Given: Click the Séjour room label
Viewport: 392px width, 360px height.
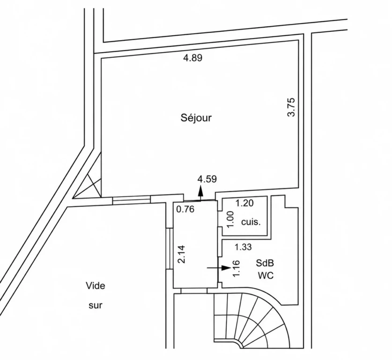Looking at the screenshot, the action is coord(196,118).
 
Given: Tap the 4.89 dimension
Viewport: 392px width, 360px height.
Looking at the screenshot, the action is coord(192,58).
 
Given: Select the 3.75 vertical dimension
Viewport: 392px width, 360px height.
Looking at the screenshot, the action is coord(291,107).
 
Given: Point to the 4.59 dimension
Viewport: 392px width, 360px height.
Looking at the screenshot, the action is coord(207,179).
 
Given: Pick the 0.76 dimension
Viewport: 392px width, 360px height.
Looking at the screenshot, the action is coord(185,209).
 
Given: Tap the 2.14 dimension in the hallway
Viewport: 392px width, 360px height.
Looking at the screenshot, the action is coord(182,254).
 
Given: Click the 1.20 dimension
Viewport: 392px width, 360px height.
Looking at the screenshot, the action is coord(244,203).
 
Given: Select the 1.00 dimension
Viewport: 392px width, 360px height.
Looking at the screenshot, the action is coord(230,219).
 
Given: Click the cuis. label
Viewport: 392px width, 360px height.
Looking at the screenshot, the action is coord(251,222).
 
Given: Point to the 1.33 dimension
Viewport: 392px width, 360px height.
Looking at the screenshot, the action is coord(243,247).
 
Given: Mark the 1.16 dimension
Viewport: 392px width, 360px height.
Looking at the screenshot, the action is coord(237,269).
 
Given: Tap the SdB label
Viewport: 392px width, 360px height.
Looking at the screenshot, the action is coord(265,263).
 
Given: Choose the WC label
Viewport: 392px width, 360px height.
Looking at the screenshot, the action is coord(266,276).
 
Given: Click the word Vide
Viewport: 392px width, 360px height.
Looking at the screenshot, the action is coord(96,285).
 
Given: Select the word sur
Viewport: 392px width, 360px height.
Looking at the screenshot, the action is coord(96,305).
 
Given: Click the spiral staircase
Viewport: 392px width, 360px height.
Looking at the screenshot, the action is coord(250,320).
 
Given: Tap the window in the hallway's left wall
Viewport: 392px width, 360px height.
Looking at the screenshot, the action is coord(170,248).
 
